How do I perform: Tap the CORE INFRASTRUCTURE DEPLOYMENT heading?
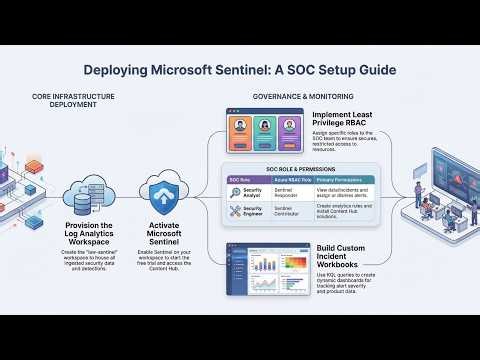point(73,101)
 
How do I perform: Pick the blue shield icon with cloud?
point(163,191)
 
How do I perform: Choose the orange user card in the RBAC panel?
point(240,129)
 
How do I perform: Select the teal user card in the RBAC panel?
point(264,129)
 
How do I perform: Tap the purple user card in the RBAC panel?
point(289,129)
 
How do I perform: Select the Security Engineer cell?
point(254,211)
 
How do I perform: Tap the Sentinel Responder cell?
point(294,192)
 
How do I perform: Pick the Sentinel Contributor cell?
point(294,211)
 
